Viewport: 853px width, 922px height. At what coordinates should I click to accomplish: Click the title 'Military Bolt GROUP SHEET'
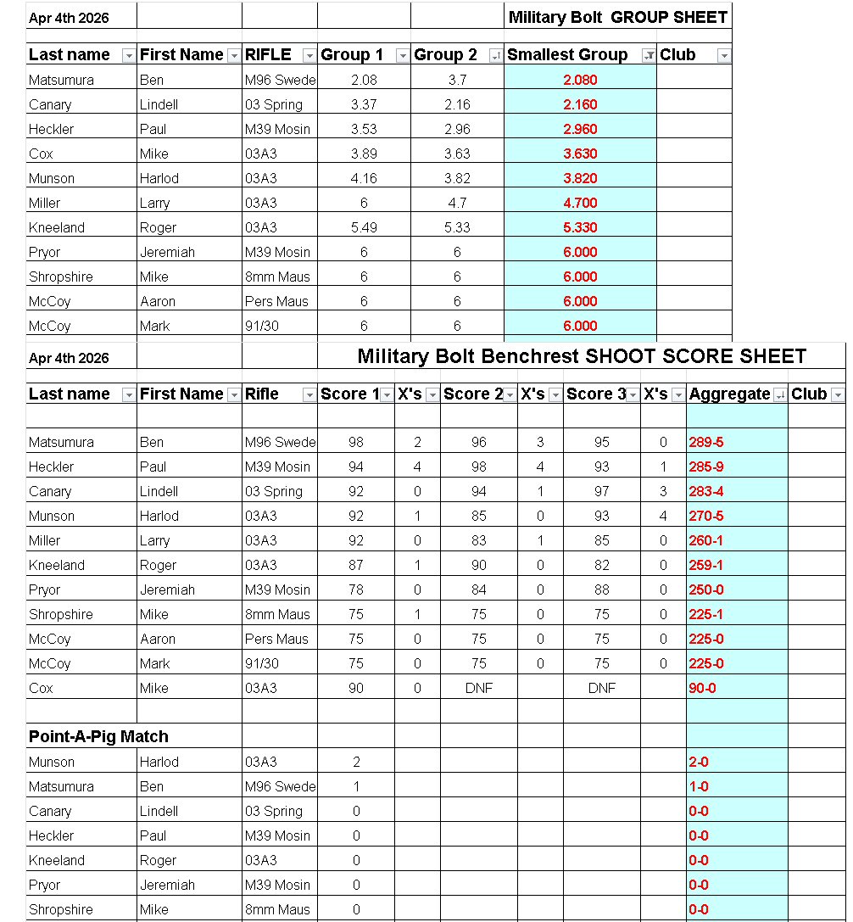(x=617, y=17)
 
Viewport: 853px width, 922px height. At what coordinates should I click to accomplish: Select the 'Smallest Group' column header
(x=566, y=55)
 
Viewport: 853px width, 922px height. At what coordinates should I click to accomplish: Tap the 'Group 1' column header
(x=352, y=55)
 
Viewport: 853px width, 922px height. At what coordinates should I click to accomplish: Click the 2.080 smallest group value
(x=580, y=81)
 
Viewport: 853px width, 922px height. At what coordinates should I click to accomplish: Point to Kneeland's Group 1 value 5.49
(x=356, y=228)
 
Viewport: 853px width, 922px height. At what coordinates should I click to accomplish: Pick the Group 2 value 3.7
(x=457, y=81)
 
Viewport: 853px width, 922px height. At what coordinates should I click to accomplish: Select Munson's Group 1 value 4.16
(x=356, y=179)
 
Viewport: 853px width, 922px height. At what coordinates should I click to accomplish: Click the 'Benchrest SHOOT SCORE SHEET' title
(x=582, y=356)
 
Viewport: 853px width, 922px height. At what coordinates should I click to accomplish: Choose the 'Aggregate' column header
(x=729, y=394)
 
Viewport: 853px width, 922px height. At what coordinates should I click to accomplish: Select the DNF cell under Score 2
(x=479, y=689)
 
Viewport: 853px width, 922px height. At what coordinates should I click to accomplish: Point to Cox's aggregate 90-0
(x=702, y=689)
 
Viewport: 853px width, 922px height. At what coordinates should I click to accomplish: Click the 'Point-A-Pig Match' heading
(x=98, y=737)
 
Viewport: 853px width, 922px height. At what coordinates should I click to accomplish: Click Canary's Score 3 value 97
(x=601, y=492)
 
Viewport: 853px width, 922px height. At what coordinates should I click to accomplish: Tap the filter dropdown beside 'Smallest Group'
(x=648, y=56)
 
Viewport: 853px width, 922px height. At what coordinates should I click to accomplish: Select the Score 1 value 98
(x=356, y=443)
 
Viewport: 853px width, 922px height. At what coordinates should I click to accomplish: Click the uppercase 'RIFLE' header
(x=268, y=55)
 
